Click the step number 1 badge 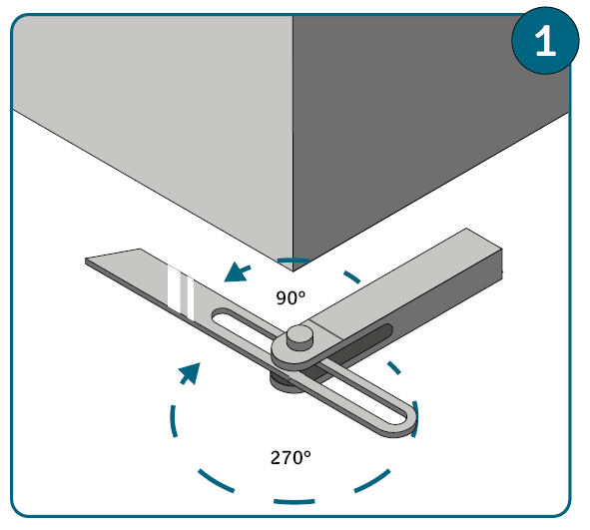(x=545, y=41)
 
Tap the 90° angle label (x=291, y=297)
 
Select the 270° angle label (x=291, y=458)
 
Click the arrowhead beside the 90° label (x=236, y=272)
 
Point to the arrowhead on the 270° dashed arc (x=191, y=372)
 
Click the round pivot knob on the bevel (x=299, y=337)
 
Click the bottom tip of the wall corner (x=294, y=271)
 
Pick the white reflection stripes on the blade (x=181, y=292)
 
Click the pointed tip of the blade (x=86, y=260)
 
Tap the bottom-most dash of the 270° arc (x=294, y=501)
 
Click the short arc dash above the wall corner (x=294, y=260)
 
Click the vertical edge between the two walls (x=294, y=143)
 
